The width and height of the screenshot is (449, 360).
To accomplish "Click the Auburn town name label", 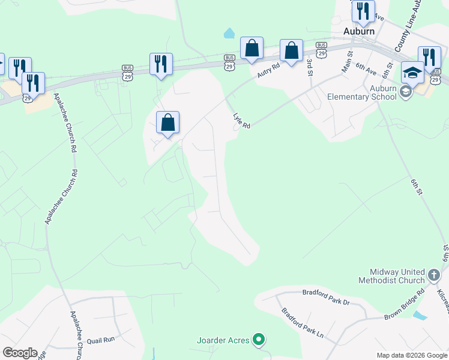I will pos(359,31).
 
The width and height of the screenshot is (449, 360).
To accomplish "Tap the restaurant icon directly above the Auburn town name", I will pos(363,11).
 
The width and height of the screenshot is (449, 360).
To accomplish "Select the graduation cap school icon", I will pos(412,73).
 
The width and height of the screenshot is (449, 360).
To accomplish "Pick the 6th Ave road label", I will pos(366,68).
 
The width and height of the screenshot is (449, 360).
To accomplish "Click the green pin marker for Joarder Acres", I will pos(258,340).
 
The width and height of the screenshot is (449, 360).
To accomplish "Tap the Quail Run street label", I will pos(100,340).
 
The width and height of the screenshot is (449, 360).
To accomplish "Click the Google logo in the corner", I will pos(20,353).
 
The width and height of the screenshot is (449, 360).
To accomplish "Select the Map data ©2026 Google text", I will pos(411,355).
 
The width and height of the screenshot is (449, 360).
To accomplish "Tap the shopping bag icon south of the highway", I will pos(168,123).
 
